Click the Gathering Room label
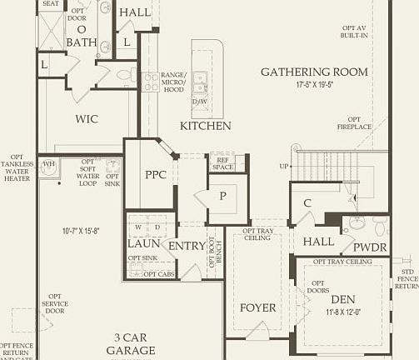[314, 72]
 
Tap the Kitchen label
[206, 126]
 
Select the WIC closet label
[87, 119]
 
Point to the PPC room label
[156, 175]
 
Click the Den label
[342, 298]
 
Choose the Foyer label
[257, 307]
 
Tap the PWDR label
[369, 247]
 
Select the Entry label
[187, 246]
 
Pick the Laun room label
[143, 244]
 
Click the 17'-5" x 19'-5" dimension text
[314, 85]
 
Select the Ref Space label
[222, 163]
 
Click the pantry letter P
[222, 197]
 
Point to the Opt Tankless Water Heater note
[17, 167]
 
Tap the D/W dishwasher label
[200, 101]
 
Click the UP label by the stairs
[284, 166]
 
